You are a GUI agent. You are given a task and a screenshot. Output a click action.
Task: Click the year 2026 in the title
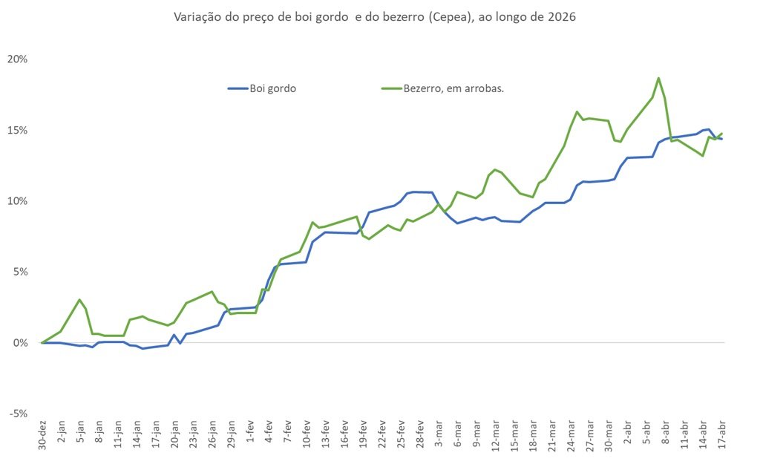560,16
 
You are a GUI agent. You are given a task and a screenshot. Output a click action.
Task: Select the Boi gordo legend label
275,88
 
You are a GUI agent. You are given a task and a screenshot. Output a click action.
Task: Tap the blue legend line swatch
238,88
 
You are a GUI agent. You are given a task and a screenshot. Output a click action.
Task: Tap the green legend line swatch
390,88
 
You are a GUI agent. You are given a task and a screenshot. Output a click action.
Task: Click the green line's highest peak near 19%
658,78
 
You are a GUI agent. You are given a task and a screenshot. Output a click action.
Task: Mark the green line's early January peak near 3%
79,300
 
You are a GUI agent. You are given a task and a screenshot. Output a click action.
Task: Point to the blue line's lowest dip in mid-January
143,348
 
